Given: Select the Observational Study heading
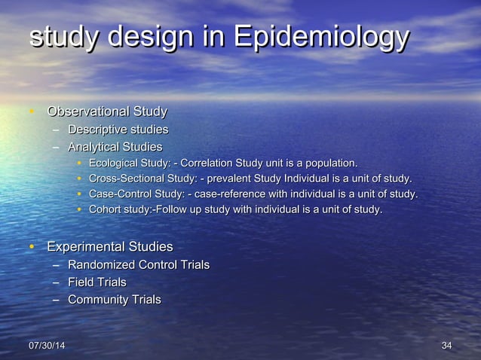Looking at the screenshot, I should pos(107,113).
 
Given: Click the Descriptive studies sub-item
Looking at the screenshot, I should pos(118,130).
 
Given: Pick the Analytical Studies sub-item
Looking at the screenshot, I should pos(115,147).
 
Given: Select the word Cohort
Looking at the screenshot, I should pos(107,209).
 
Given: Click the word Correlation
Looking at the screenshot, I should pos(207,163).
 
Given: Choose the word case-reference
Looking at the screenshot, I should pos(228,194).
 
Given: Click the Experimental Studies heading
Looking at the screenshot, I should pos(110,247).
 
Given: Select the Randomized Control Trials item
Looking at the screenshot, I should pos(139,265).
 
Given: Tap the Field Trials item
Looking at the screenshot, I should pos(97,282).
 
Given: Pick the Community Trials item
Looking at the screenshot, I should pos(115,300).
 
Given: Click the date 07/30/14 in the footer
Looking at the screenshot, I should pos(47,345).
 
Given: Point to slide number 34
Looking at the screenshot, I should pos(446,345).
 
